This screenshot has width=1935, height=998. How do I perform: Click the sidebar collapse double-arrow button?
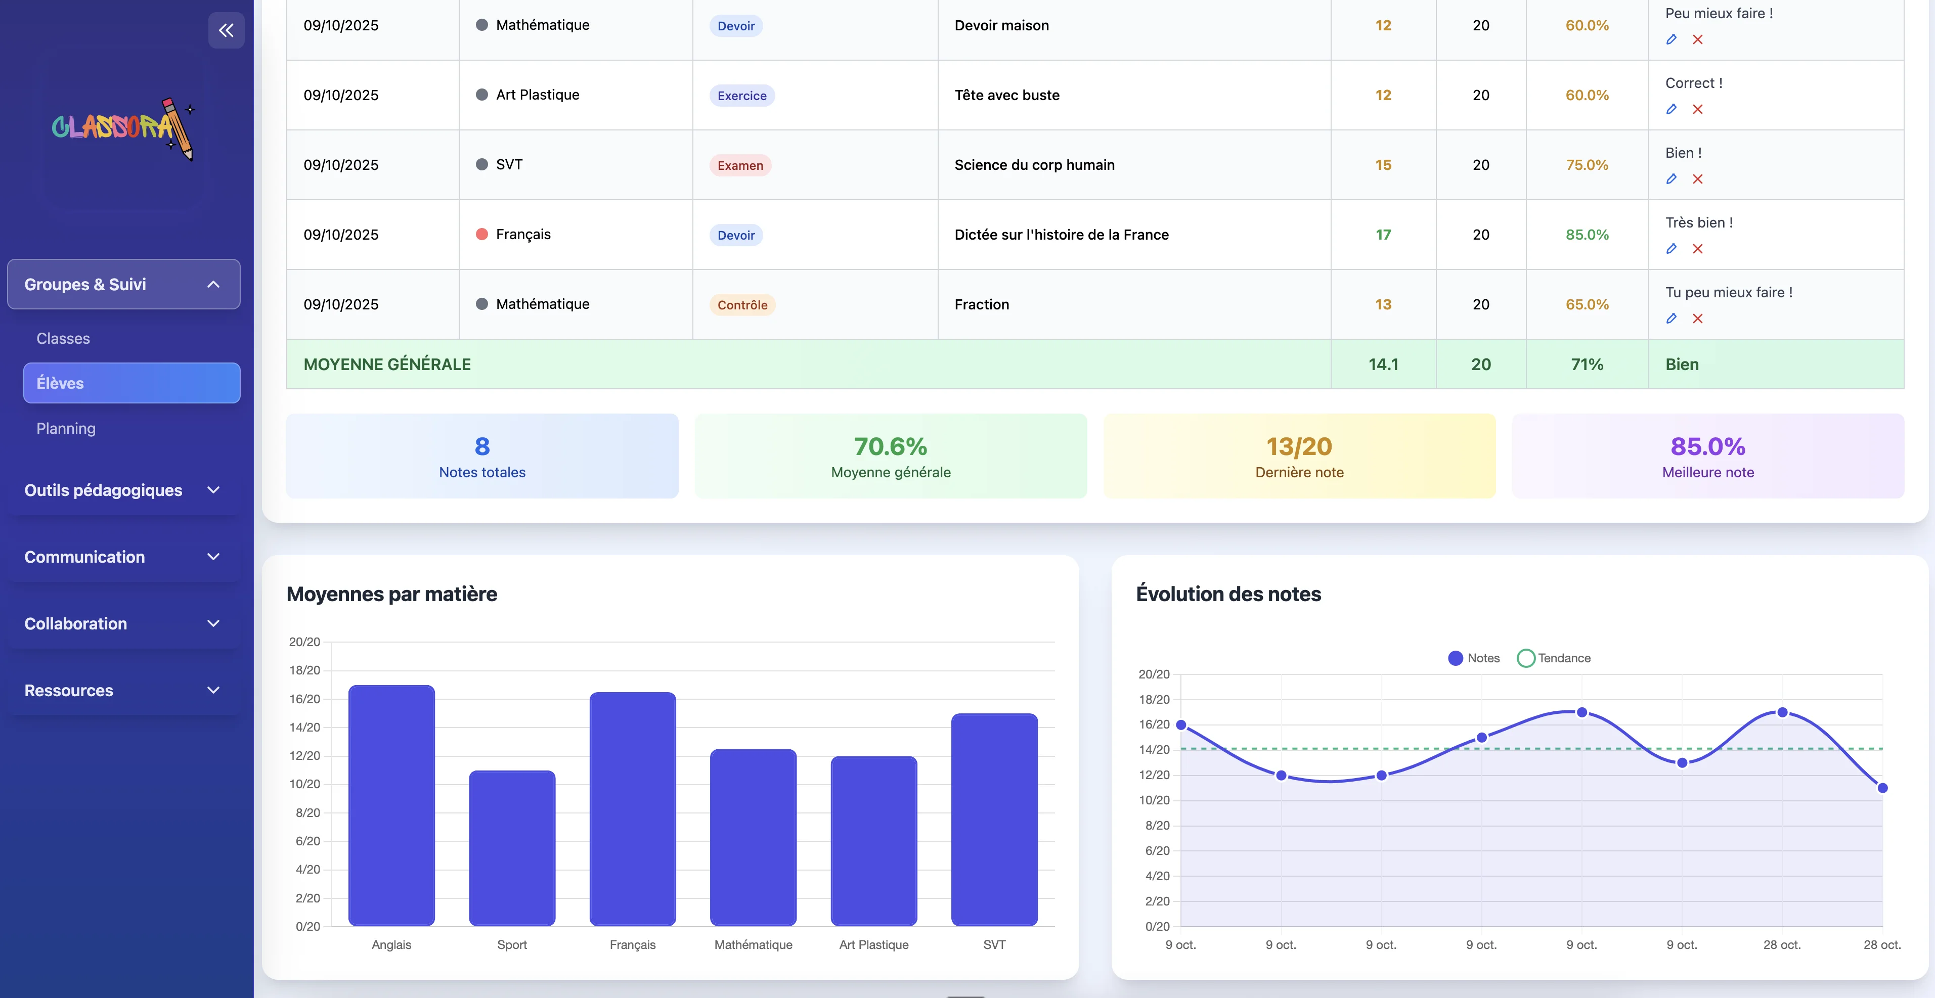226,30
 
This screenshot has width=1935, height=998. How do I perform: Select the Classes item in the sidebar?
63,339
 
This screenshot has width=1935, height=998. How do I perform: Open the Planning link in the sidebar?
66,429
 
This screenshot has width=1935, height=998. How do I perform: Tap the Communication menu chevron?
213,557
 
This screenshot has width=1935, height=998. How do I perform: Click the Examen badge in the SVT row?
740,165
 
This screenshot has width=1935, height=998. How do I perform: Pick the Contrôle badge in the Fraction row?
742,305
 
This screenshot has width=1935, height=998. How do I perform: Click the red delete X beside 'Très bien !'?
1698,249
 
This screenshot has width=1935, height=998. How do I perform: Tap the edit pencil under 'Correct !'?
1672,109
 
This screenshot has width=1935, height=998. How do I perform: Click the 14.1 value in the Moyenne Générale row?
1383,364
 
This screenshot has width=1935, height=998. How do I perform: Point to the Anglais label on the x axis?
391,945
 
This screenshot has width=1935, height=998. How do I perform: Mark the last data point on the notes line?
1882,788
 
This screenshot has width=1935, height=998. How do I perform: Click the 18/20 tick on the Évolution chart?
1155,700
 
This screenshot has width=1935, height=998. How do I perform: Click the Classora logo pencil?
179,128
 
